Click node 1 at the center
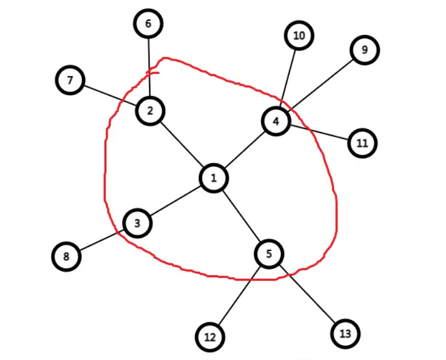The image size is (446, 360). pos(214,179)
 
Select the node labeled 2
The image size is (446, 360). pos(150,110)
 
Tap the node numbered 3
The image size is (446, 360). pos(137,223)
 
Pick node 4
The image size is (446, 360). pos(276,121)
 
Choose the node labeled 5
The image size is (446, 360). pos(270,253)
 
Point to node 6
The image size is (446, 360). pos(149,24)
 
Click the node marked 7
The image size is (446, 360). pos(70,80)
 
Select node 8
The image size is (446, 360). pos(66,256)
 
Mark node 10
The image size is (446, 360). pos(299,36)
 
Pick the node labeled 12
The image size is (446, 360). pos(210,338)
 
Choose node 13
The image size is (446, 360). pos(345,333)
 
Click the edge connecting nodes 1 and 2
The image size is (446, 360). pos(182,144)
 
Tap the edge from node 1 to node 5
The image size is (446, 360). pos(242,216)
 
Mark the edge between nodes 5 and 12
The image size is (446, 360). pos(239,295)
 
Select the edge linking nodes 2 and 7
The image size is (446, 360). pos(110,95)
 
